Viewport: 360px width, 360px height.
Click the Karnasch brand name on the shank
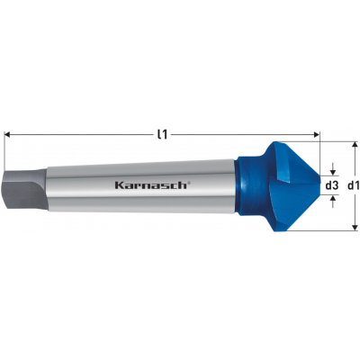tap(151, 185)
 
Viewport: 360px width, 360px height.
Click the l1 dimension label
tap(162, 135)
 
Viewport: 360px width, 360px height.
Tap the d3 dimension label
tap(332, 186)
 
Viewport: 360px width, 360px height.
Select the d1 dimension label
tap(353, 186)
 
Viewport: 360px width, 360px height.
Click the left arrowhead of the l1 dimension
tap(8, 135)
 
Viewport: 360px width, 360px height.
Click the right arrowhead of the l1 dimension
tap(316, 135)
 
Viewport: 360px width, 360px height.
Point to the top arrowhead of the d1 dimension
tap(355, 145)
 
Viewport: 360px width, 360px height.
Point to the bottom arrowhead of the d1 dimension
tap(355, 228)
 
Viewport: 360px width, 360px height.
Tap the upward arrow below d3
tap(332, 202)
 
